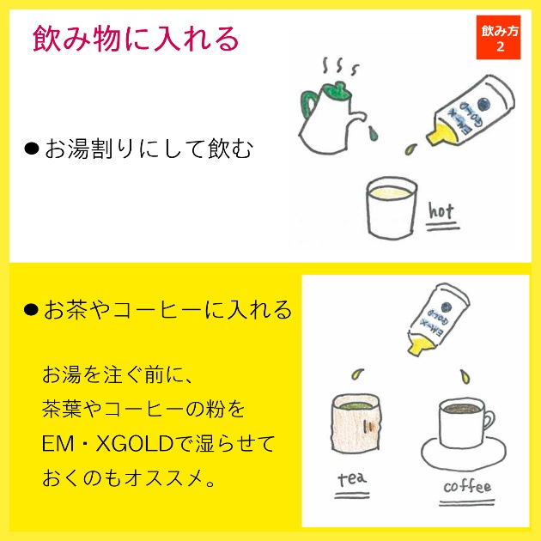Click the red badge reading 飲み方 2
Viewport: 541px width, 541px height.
click(x=498, y=37)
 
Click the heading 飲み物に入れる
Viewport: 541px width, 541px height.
click(x=136, y=39)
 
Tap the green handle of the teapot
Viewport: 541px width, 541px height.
click(x=308, y=103)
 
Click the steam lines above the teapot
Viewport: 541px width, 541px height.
click(x=340, y=65)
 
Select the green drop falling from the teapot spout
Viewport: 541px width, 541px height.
click(x=373, y=133)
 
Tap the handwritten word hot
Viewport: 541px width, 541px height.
click(x=441, y=210)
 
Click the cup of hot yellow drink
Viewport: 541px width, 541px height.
click(x=392, y=208)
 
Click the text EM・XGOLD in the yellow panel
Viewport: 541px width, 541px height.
click(x=107, y=444)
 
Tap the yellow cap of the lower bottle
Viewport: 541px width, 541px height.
click(x=419, y=346)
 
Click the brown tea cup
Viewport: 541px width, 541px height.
click(x=356, y=423)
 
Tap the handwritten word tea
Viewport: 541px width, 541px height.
click(x=352, y=479)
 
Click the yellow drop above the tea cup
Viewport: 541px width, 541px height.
click(x=357, y=374)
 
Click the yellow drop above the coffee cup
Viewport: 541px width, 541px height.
click(x=465, y=377)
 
